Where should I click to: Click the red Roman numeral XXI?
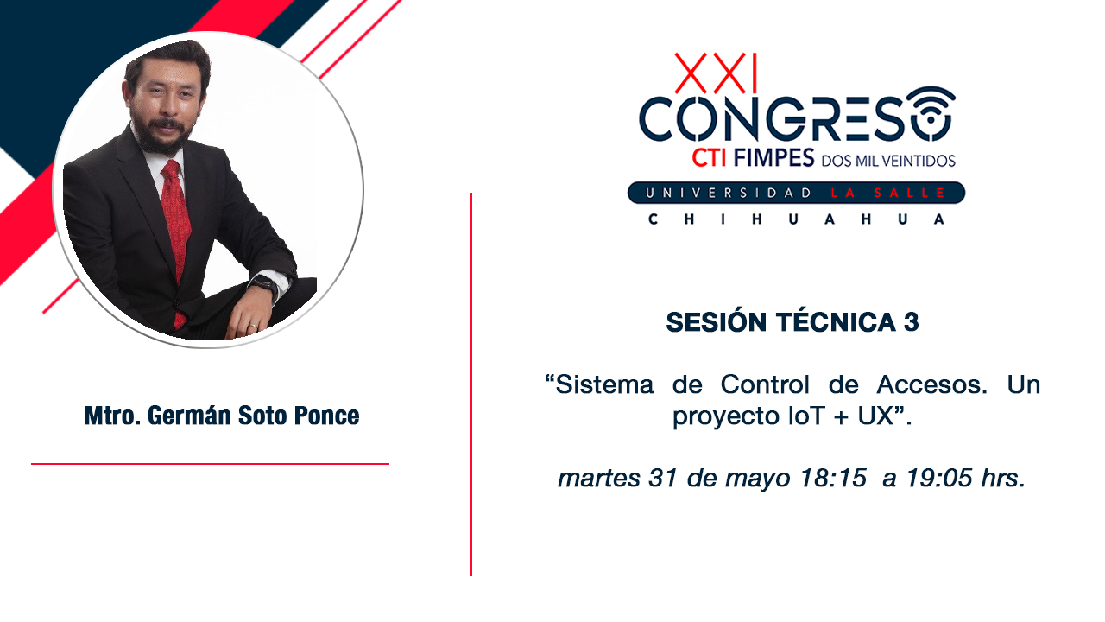point(716,73)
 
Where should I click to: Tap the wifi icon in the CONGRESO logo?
point(931,113)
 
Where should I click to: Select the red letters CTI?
point(710,158)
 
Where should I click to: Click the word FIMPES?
point(773,158)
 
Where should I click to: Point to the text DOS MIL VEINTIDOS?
point(888,161)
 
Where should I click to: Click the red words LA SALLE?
point(887,193)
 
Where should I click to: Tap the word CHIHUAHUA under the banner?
point(796,219)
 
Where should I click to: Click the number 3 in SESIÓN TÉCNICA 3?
point(911,322)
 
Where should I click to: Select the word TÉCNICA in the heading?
point(837,321)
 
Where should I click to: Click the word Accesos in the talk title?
point(931,384)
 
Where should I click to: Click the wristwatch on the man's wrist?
point(264,286)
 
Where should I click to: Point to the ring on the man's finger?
point(253,326)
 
